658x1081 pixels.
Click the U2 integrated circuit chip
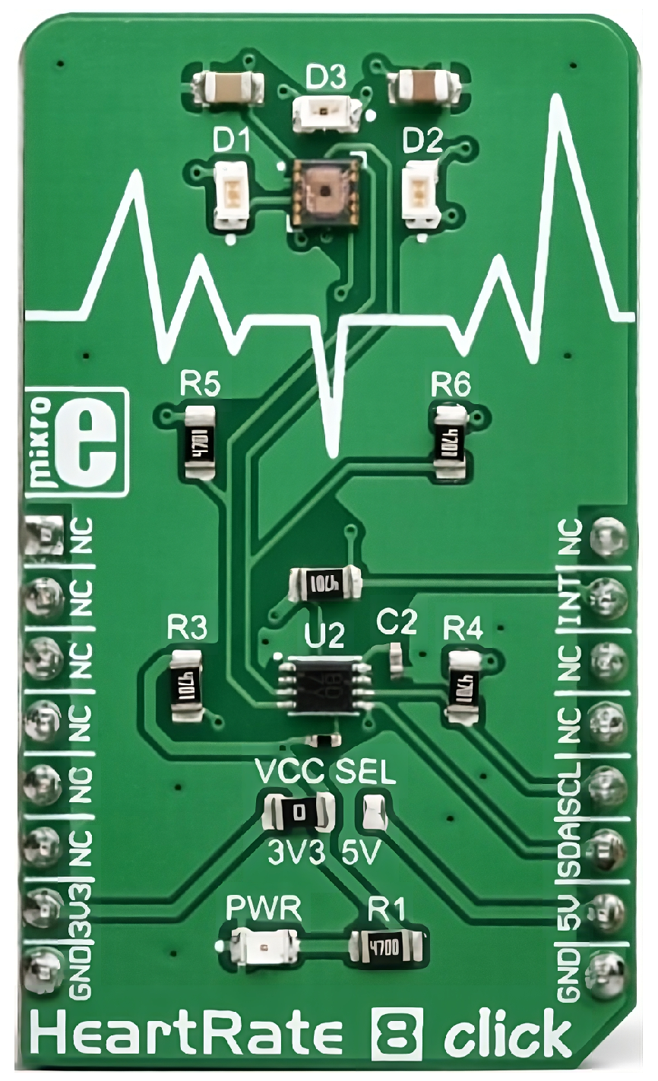(x=326, y=684)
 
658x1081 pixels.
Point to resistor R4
(x=464, y=684)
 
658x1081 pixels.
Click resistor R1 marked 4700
(x=386, y=947)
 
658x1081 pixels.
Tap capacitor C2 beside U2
(x=396, y=658)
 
